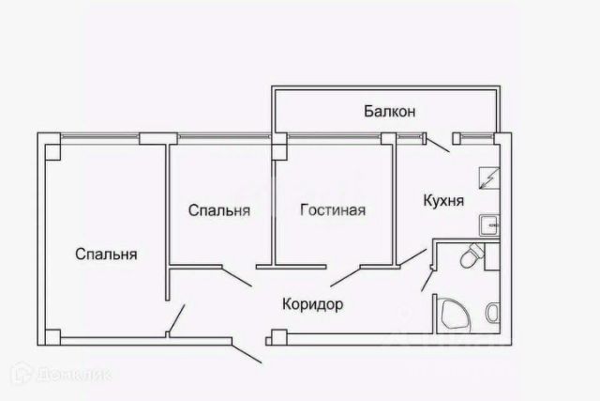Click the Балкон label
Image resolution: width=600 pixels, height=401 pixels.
[390, 111]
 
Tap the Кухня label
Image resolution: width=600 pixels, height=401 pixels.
[443, 201]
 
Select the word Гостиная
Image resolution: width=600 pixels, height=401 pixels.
[333, 209]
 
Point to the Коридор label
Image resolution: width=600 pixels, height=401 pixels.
[312, 304]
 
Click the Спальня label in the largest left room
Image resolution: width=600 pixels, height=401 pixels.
[106, 254]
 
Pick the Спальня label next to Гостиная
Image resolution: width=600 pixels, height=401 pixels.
[219, 210]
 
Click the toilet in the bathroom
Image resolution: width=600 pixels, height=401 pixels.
[471, 255]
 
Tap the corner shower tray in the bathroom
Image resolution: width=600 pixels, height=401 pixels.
[455, 315]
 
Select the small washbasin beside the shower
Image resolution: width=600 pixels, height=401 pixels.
[492, 313]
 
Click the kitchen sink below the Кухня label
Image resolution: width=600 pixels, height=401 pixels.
[489, 225]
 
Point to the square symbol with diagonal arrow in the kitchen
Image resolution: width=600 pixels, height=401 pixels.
[489, 177]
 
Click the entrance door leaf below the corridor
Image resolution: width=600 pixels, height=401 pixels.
[247, 353]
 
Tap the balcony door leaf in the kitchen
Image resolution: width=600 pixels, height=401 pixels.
[438, 145]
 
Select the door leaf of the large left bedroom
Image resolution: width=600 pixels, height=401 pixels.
[176, 318]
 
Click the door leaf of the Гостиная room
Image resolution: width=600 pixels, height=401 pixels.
[346, 276]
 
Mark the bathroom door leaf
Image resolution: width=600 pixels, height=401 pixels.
[427, 280]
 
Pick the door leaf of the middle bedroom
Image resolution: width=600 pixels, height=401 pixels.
[237, 276]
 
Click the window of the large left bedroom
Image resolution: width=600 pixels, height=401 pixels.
[100, 136]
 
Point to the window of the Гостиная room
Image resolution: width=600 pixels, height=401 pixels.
[334, 136]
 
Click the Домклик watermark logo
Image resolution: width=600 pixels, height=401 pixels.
[61, 374]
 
